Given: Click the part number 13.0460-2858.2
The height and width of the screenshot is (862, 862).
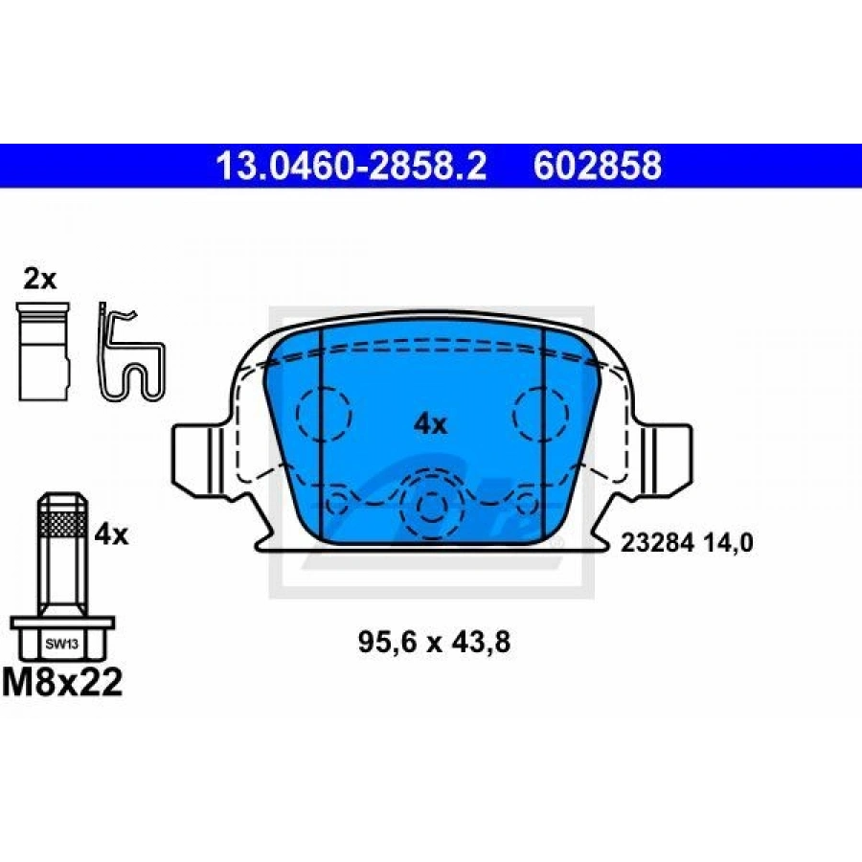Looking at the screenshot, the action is pyautogui.click(x=352, y=166).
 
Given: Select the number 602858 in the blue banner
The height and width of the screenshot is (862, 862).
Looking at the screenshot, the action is pyautogui.click(x=598, y=166).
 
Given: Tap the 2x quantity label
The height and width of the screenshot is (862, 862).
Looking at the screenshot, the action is pyautogui.click(x=39, y=280).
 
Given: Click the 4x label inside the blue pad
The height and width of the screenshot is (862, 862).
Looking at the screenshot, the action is pyautogui.click(x=431, y=424).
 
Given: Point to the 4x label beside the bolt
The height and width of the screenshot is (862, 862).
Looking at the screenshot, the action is pyautogui.click(x=111, y=534).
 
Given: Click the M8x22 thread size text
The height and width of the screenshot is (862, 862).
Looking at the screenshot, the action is pyautogui.click(x=62, y=682).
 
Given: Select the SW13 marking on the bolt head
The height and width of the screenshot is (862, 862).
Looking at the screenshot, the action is pyautogui.click(x=61, y=645).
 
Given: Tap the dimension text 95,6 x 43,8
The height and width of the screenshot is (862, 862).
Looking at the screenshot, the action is pyautogui.click(x=434, y=642).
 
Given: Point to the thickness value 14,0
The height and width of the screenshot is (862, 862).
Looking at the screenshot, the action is pyautogui.click(x=734, y=543).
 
